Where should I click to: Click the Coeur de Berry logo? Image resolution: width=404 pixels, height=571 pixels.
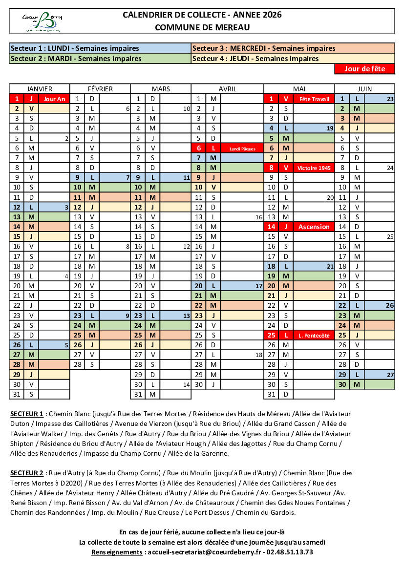(x=43, y=21)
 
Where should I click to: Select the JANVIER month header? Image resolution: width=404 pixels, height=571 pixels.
(x=40, y=89)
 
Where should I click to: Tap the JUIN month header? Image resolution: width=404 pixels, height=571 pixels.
(x=364, y=89)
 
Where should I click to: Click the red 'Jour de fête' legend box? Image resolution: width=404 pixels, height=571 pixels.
(x=364, y=69)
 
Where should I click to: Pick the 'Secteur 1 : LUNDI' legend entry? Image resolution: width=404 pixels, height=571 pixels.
(x=75, y=48)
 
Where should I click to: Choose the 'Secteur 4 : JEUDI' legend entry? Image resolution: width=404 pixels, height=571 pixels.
(x=255, y=59)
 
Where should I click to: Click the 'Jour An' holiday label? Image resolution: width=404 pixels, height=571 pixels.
(x=54, y=99)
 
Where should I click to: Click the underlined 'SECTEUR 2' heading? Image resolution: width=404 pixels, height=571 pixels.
(x=27, y=473)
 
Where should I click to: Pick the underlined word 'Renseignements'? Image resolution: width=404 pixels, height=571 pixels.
(x=117, y=552)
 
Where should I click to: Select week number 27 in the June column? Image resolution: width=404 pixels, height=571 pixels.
(x=390, y=375)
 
